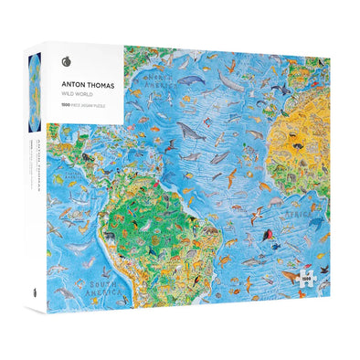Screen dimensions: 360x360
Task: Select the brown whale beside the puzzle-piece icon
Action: pos(291,274)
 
